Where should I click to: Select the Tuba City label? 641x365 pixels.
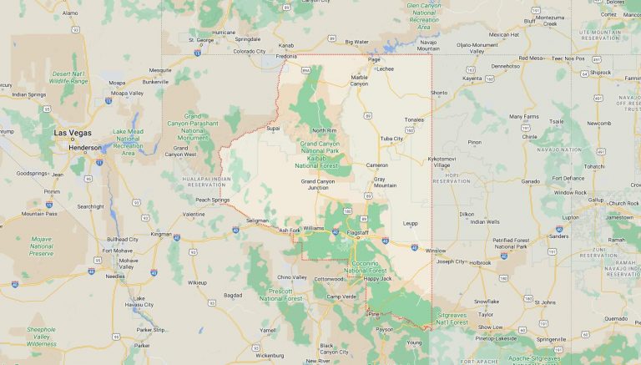click(391, 139)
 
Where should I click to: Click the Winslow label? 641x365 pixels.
click(435, 251)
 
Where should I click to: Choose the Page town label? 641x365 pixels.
click(374, 59)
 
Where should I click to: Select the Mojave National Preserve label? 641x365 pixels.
click(41, 246)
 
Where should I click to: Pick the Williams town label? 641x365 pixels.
click(313, 227)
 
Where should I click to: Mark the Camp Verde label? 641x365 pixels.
click(341, 297)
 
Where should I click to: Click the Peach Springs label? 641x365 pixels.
click(212, 200)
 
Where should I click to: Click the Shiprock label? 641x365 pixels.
click(600, 73)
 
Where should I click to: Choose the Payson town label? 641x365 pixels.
click(384, 329)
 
